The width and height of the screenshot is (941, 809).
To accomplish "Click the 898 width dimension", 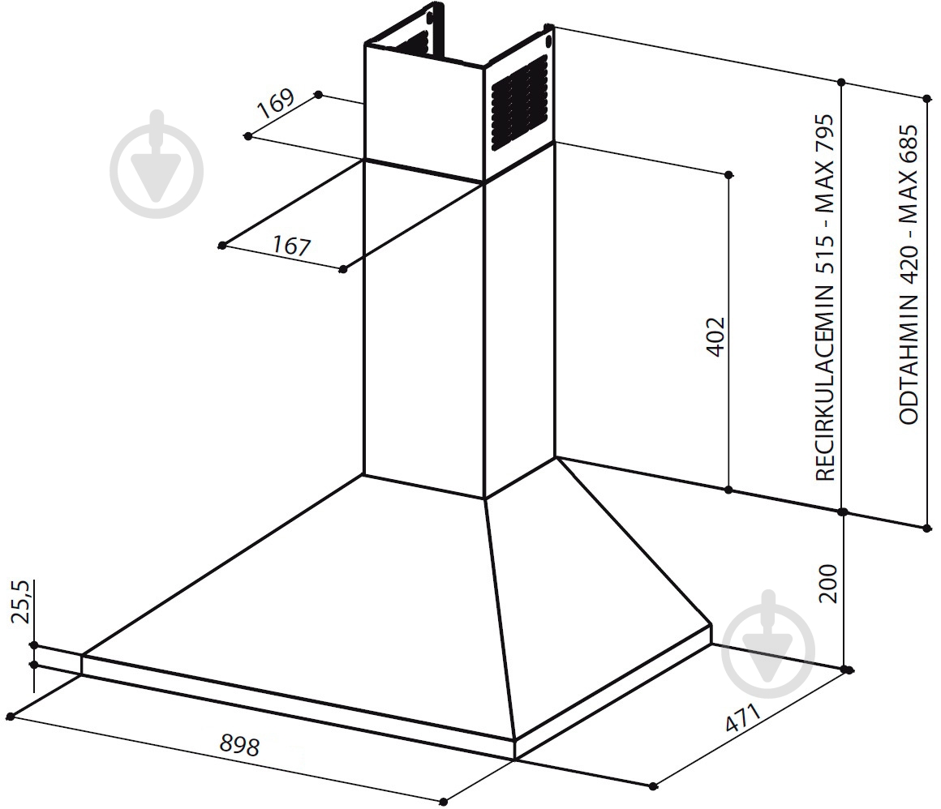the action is pyautogui.click(x=239, y=744).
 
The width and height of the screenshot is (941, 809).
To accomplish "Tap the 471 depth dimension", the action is pyautogui.click(x=742, y=718).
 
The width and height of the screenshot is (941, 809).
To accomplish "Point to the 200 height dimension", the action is pyautogui.click(x=827, y=584).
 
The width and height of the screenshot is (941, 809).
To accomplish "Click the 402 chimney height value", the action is pyautogui.click(x=715, y=336).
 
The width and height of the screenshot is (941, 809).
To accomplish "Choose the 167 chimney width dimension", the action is pyautogui.click(x=292, y=246).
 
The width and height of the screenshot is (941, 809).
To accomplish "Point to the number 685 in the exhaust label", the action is pyautogui.click(x=909, y=144).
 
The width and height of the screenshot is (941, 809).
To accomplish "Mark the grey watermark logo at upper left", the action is pyautogui.click(x=157, y=164).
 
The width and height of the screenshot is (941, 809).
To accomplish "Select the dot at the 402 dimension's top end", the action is pyautogui.click(x=728, y=175).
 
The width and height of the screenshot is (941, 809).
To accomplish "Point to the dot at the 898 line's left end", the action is pyautogui.click(x=11, y=716).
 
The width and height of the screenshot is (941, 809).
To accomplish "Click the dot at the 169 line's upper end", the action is pyautogui.click(x=319, y=95).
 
